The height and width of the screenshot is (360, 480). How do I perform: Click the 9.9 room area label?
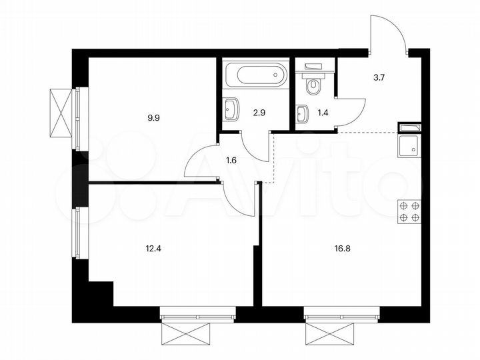pos(153,117)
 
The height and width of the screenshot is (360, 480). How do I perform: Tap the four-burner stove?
pos(409,211)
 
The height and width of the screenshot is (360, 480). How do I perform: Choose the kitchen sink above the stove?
pos(407,143)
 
